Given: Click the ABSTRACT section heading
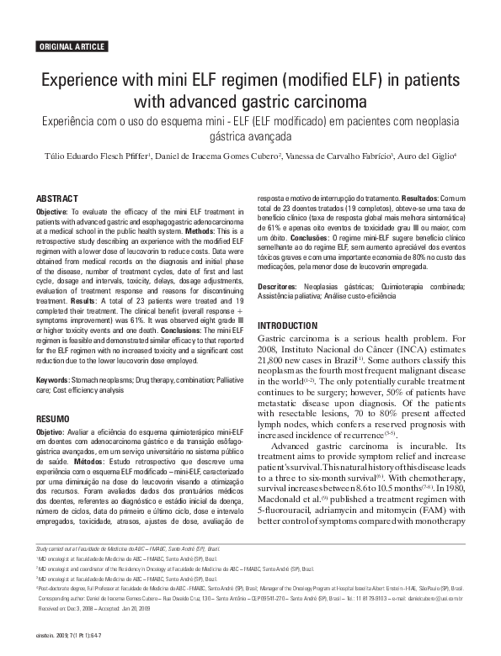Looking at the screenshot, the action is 57,198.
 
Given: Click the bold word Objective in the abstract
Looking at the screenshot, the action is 51,212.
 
